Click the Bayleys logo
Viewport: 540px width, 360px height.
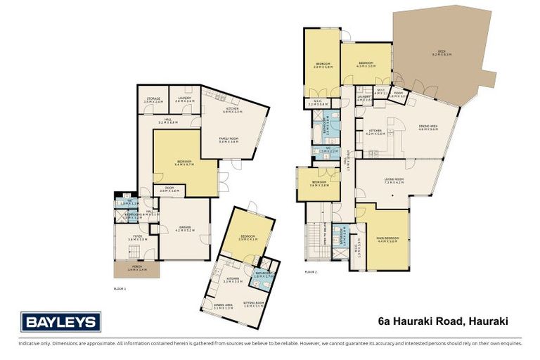pyautogui.click(x=60, y=322)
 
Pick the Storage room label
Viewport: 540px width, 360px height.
pyautogui.click(x=153, y=100)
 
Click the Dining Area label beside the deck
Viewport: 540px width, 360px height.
pyautogui.click(x=427, y=127)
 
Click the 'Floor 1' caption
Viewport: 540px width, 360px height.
pyautogui.click(x=120, y=288)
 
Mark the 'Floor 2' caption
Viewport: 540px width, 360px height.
pyautogui.click(x=311, y=271)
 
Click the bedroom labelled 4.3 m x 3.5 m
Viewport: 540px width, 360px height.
pyautogui.click(x=366, y=64)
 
